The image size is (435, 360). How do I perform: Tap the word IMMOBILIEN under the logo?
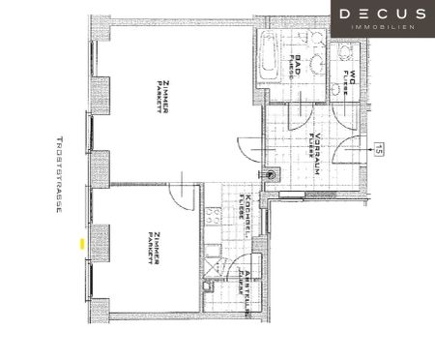pyautogui.click(x=383, y=28)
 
